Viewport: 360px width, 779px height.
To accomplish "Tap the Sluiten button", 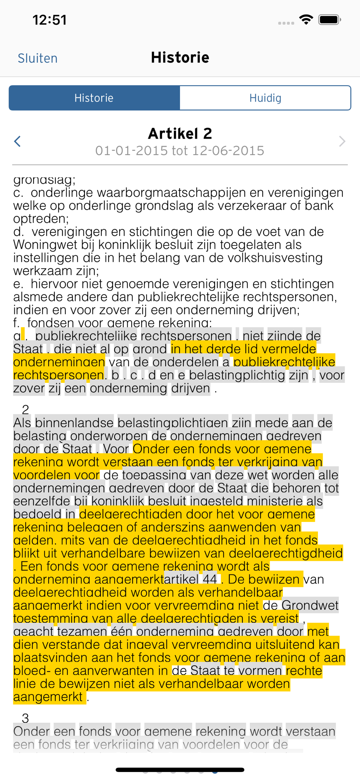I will (37, 58).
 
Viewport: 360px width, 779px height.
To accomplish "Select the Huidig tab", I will (265, 98).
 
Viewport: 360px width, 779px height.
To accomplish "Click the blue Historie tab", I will (94, 98).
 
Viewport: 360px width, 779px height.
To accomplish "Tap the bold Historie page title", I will (180, 58).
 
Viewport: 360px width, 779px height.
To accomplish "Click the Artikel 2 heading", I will (180, 134).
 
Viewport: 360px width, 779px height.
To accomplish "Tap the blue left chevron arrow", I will (17, 141).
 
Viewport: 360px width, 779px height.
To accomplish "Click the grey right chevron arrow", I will (342, 141).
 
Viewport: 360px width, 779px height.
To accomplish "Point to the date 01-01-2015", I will (131, 151).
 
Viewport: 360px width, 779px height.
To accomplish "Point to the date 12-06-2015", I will (228, 151).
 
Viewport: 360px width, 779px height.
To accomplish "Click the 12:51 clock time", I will (49, 20).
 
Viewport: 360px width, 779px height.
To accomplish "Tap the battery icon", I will (330, 20).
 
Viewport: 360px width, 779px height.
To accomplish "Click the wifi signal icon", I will (306, 19).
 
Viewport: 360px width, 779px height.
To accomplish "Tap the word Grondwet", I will (310, 605).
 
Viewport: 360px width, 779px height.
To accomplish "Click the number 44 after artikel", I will (210, 579).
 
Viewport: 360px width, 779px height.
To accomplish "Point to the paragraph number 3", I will (26, 718).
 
